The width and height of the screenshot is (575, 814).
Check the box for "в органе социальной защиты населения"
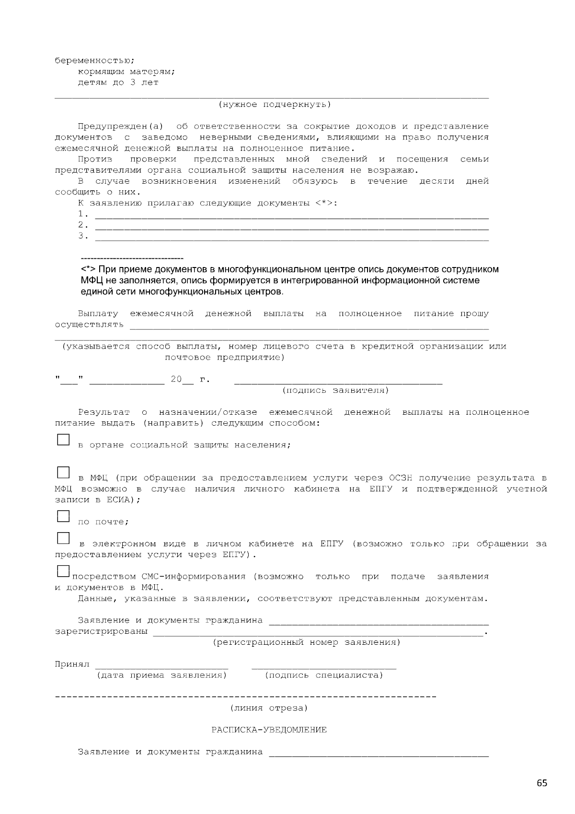click(63, 440)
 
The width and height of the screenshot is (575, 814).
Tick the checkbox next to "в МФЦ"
click(63, 472)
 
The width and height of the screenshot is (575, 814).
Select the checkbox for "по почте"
click(63, 516)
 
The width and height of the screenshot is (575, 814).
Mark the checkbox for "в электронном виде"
click(63, 538)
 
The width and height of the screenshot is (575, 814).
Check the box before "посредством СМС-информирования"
click(63, 571)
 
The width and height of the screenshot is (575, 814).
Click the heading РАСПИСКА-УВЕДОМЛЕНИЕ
click(269, 730)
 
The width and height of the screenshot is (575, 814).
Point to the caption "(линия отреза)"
click(269, 708)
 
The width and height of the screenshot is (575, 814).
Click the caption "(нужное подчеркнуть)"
click(275, 105)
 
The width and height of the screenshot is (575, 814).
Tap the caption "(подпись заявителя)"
click(335, 390)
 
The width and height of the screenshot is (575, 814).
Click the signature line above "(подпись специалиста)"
click(323, 667)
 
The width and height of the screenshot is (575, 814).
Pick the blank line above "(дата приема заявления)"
click(161, 667)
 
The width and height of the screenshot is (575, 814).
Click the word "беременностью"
click(94, 61)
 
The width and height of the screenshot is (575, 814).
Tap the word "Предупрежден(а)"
click(120, 127)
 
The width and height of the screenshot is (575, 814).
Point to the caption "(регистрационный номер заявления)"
click(306, 642)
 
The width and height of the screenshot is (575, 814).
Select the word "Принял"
click(72, 664)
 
